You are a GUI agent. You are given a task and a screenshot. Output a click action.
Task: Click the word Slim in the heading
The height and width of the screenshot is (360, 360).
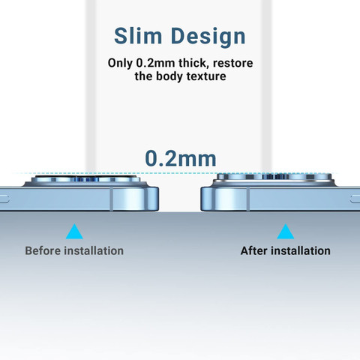[138, 36]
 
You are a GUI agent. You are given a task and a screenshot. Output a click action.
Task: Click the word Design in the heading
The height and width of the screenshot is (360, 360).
[208, 37]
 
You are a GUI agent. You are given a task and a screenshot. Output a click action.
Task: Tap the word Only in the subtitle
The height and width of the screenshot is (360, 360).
[120, 63]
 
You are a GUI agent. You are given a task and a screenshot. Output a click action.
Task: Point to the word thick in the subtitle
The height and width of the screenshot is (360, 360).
[193, 63]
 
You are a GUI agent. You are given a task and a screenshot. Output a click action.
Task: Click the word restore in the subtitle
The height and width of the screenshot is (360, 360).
[232, 63]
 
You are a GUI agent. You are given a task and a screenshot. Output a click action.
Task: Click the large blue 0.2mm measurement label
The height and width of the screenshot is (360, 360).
[181, 158]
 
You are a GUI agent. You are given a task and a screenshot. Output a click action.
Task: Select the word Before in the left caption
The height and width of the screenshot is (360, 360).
[43, 250]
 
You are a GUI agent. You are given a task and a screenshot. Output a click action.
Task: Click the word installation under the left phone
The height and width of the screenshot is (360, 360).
[94, 250]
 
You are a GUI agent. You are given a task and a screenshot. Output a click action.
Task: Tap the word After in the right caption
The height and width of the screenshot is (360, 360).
[253, 250]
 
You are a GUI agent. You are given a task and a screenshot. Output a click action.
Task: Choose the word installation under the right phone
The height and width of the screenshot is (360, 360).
[301, 250]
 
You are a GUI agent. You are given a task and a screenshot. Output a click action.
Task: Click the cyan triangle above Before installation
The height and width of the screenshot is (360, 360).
[74, 232]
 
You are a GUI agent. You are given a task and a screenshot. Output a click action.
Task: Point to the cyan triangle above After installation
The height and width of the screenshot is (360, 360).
[286, 232]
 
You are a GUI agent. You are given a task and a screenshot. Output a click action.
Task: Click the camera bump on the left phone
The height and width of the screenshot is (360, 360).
[85, 181]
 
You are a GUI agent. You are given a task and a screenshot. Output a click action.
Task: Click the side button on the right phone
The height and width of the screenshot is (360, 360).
[355, 199]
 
